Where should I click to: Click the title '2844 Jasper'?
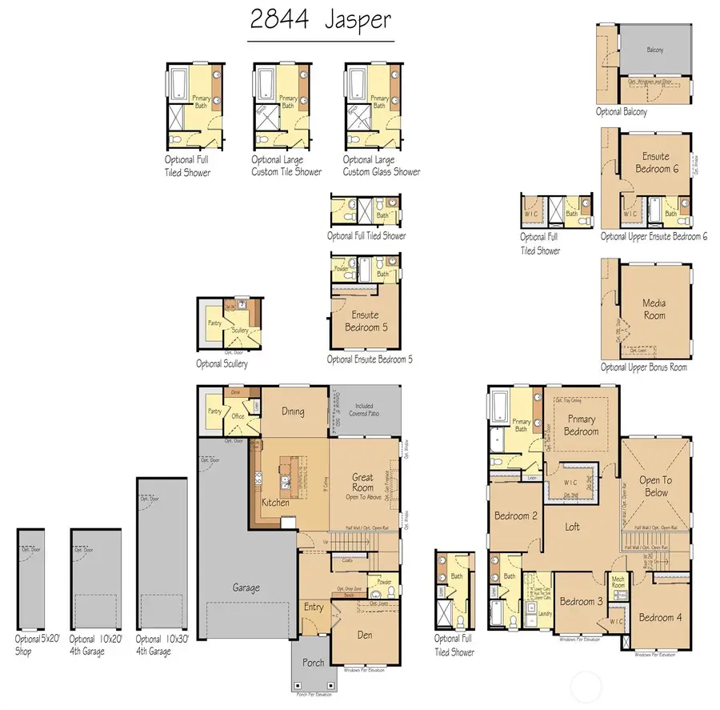320,20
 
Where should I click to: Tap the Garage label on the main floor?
246,588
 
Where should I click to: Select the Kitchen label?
275,503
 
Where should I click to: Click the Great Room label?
363,483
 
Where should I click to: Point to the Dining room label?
294,411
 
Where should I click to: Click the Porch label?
314,662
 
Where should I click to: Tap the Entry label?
314,607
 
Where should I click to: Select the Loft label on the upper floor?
572,527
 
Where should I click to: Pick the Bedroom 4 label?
660,617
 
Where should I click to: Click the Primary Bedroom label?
582,425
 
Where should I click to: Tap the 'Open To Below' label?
656,487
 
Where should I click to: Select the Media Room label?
654,308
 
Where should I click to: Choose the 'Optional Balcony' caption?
622,112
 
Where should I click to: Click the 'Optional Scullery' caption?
222,363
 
